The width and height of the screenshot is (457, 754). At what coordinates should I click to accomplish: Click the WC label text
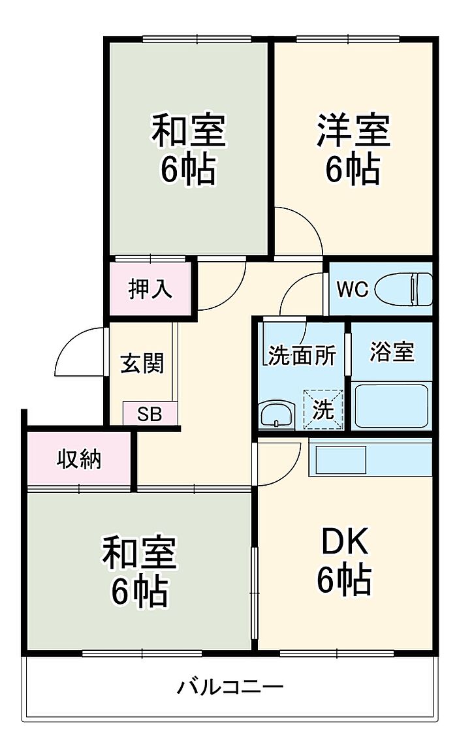pos(352,289)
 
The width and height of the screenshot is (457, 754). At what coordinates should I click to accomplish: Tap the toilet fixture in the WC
pos(403,289)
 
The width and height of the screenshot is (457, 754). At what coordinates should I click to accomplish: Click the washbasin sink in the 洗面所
pos(277,415)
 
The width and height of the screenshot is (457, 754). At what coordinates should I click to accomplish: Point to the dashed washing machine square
pos(324,409)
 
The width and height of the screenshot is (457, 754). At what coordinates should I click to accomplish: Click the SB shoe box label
pos(150,414)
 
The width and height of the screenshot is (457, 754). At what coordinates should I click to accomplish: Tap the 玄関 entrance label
pos(142,364)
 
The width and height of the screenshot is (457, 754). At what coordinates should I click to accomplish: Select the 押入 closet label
pos(150,289)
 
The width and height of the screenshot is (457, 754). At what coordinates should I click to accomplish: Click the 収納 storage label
pos(80,460)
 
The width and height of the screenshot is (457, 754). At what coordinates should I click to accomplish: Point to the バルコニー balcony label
pos(230,686)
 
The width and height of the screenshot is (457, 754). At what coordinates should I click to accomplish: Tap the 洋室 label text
pos(353,131)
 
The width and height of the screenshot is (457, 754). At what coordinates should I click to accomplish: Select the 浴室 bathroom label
pos(392,352)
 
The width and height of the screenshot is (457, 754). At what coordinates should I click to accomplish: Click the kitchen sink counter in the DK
pos(370,460)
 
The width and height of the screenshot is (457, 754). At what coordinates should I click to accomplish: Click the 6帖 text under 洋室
pos(353,168)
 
